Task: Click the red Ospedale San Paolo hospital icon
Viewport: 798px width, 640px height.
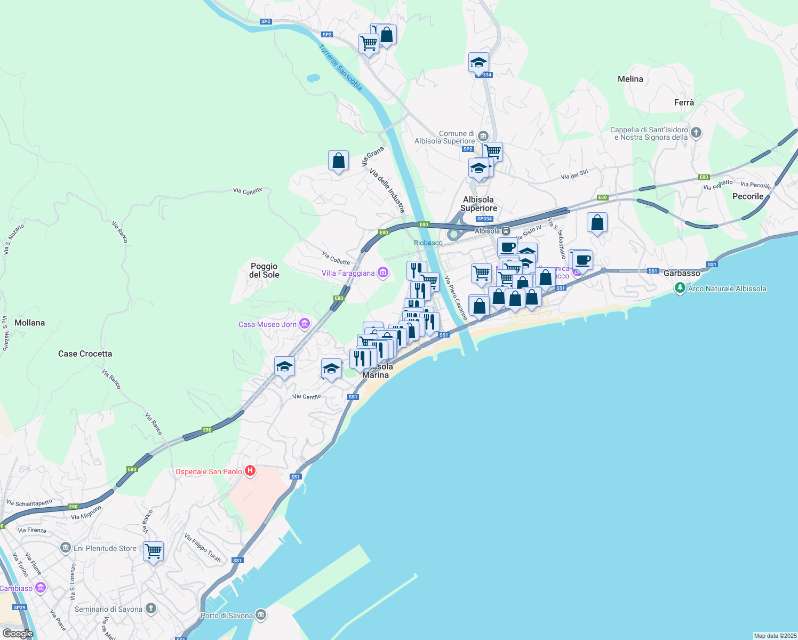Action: click(250, 471)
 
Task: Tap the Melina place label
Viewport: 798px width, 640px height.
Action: click(630, 79)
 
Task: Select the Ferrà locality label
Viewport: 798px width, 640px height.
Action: click(684, 102)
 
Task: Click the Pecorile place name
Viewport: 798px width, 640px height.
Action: click(748, 196)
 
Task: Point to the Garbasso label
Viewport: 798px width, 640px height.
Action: click(682, 273)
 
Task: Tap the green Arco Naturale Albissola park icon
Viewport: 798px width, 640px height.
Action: click(680, 289)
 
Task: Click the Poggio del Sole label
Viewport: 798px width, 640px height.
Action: click(264, 270)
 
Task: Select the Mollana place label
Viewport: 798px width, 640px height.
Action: click(30, 323)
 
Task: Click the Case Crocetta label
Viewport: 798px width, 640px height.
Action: click(85, 354)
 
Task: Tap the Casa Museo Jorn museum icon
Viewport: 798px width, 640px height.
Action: click(305, 324)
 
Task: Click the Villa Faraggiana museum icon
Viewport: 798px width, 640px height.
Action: click(382, 273)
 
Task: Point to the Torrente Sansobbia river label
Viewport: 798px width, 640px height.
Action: click(341, 68)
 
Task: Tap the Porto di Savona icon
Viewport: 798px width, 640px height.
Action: click(261, 615)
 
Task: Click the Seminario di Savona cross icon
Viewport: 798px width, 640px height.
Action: click(151, 609)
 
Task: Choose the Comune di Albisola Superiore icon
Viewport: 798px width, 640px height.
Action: click(483, 136)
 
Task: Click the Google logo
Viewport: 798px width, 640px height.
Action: click(18, 633)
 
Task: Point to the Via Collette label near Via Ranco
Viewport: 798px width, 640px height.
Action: click(248, 190)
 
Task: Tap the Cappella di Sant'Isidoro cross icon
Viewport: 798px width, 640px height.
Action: click(696, 132)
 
